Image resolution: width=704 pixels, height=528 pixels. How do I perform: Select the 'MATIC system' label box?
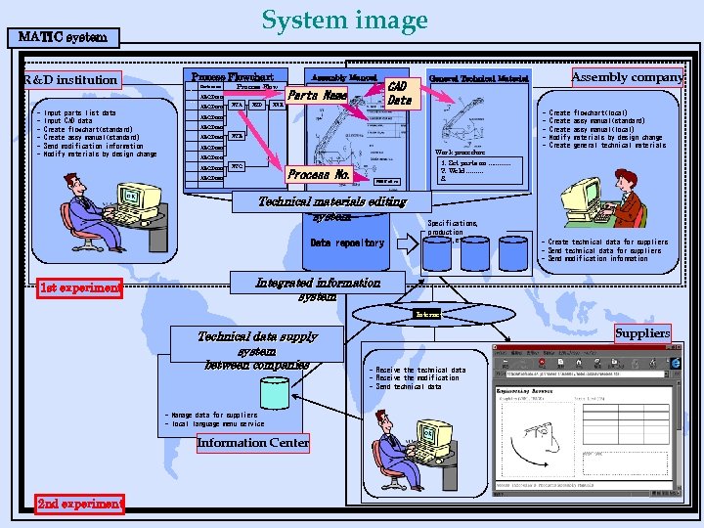pyautogui.click(x=64, y=38)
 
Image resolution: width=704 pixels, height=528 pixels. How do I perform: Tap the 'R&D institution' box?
pyautogui.click(x=70, y=79)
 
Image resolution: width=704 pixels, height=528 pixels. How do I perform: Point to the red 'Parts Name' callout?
pyautogui.click(x=318, y=96)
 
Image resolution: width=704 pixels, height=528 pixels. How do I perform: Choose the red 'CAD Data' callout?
pyautogui.click(x=399, y=93)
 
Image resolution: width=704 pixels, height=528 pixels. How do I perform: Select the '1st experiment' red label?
pyautogui.click(x=80, y=287)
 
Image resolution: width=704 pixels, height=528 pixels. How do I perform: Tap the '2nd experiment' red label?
pyautogui.click(x=80, y=504)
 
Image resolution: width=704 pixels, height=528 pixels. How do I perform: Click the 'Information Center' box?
pyautogui.click(x=253, y=443)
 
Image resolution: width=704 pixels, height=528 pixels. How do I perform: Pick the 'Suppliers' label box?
pyautogui.click(x=642, y=333)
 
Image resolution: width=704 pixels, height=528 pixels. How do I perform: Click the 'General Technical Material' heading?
pyautogui.click(x=479, y=78)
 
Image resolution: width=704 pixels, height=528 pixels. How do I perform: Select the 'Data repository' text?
pyautogui.click(x=347, y=242)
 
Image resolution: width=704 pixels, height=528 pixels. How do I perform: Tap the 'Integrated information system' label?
pyautogui.click(x=318, y=288)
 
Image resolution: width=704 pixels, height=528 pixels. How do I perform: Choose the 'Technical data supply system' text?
pyautogui.click(x=258, y=350)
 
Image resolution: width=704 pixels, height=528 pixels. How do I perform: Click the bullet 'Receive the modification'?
pyautogui.click(x=418, y=378)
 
